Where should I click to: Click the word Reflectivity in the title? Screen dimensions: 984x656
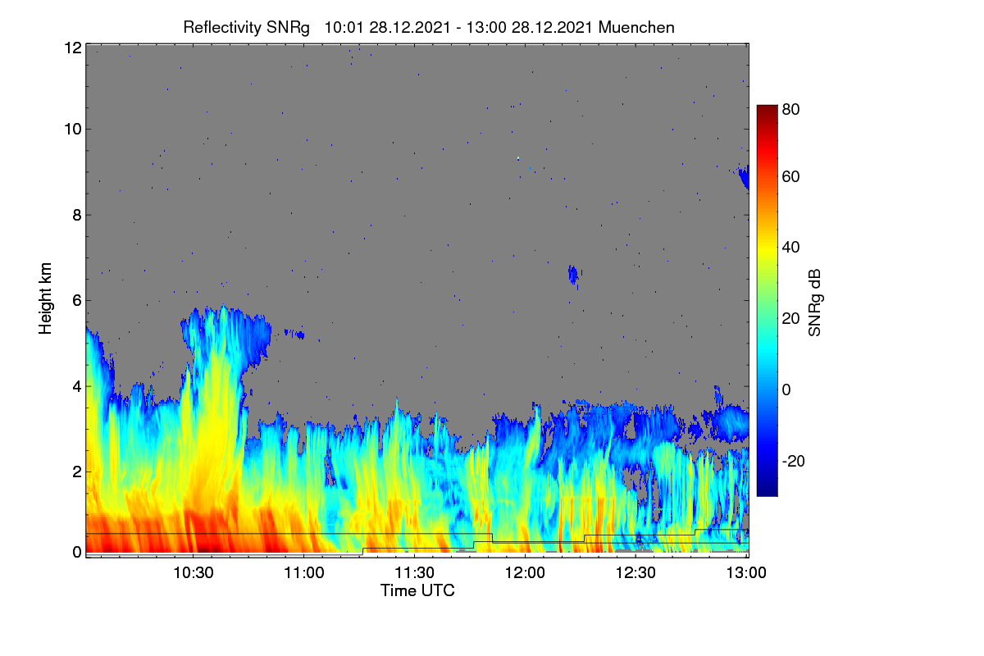(x=222, y=28)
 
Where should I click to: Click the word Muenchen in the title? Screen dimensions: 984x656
(x=636, y=28)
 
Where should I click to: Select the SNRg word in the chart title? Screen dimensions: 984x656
(x=288, y=28)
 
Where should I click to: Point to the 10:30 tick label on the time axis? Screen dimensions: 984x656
(x=194, y=572)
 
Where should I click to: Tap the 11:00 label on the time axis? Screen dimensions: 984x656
(x=304, y=572)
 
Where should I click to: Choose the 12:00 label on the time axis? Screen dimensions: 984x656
(x=525, y=572)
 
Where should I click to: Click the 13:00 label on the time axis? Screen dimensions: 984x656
(x=746, y=572)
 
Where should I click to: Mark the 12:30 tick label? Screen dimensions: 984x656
(x=635, y=572)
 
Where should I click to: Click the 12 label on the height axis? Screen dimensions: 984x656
(x=73, y=48)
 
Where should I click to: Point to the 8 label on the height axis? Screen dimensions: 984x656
(x=77, y=215)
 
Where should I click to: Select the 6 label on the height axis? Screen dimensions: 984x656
(x=77, y=301)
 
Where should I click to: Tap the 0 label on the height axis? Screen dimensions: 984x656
(x=77, y=552)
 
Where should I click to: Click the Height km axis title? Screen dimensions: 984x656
(x=45, y=298)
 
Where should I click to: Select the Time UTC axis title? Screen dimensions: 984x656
(x=417, y=590)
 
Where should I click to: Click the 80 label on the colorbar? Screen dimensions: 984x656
(x=790, y=109)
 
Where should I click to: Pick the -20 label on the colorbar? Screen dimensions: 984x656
(x=794, y=461)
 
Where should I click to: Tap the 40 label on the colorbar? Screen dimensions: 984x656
(x=790, y=248)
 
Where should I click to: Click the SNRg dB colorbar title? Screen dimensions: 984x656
(x=814, y=303)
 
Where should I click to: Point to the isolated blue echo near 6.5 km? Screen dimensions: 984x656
(x=573, y=275)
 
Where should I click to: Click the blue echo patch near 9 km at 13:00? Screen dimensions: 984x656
(x=745, y=176)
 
